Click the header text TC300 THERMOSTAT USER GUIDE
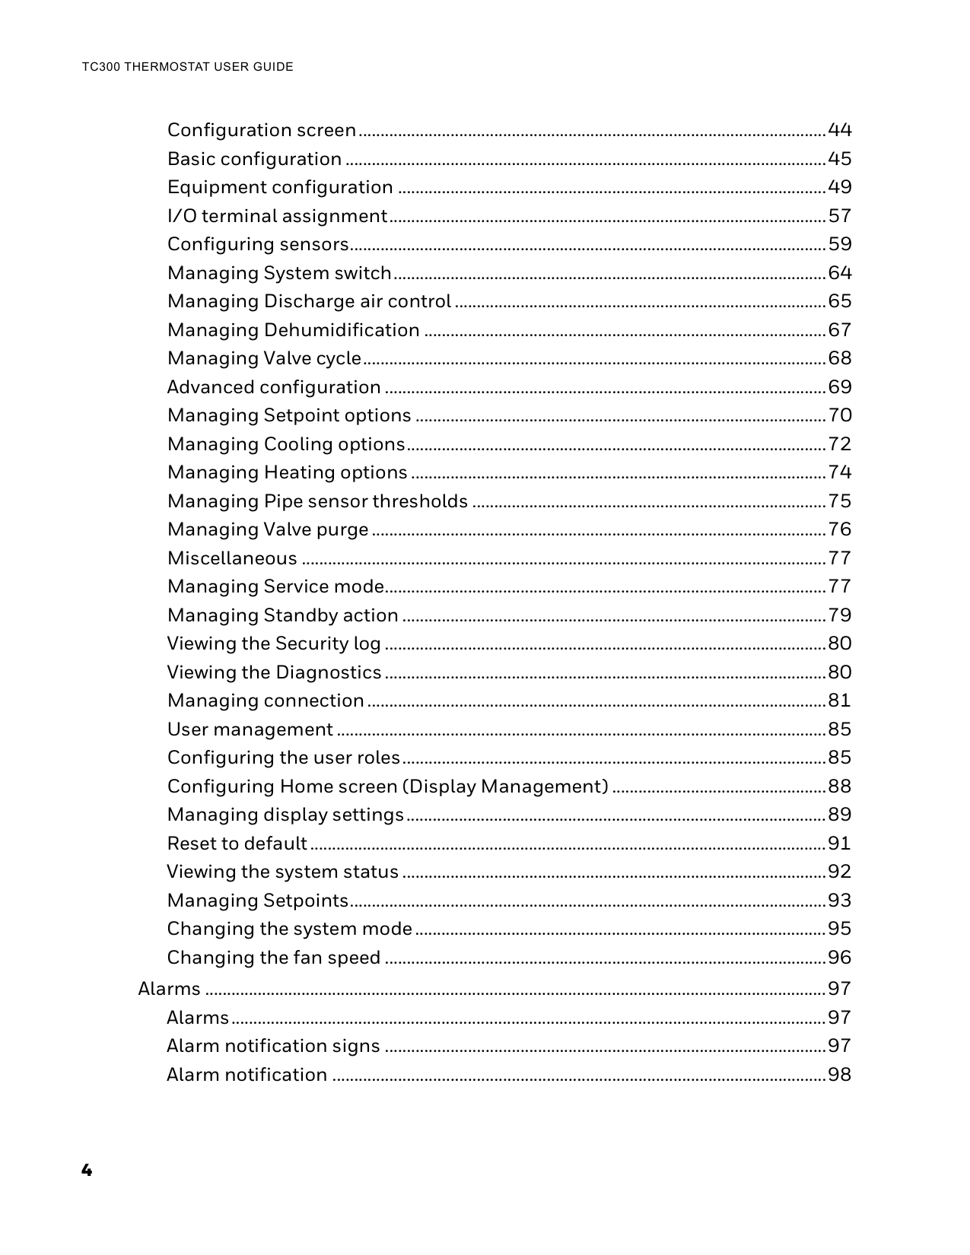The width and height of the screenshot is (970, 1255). click(187, 67)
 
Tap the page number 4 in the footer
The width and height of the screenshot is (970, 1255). click(87, 1170)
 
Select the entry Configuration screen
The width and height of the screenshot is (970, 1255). click(262, 130)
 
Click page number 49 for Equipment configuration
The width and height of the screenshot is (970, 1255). click(839, 187)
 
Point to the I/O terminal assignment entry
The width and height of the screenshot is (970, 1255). click(277, 216)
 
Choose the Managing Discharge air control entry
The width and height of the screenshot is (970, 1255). click(309, 301)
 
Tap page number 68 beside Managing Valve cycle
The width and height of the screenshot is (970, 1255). click(839, 358)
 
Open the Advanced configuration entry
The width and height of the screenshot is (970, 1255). click(274, 387)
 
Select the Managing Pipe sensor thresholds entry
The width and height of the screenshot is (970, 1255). click(317, 501)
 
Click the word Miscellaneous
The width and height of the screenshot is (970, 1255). click(232, 558)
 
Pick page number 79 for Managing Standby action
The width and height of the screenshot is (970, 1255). click(839, 615)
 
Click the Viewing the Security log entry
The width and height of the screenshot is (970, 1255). click(274, 643)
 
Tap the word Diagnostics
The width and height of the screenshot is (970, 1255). click(328, 672)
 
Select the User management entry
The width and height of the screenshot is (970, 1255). click(250, 729)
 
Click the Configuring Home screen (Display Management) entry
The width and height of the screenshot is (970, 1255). click(387, 786)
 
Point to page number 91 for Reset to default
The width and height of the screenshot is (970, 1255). click(839, 844)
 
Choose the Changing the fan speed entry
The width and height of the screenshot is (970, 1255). click(274, 958)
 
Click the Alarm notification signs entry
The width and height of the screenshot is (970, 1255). click(273, 1046)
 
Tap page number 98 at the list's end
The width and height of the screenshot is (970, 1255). click(839, 1075)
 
